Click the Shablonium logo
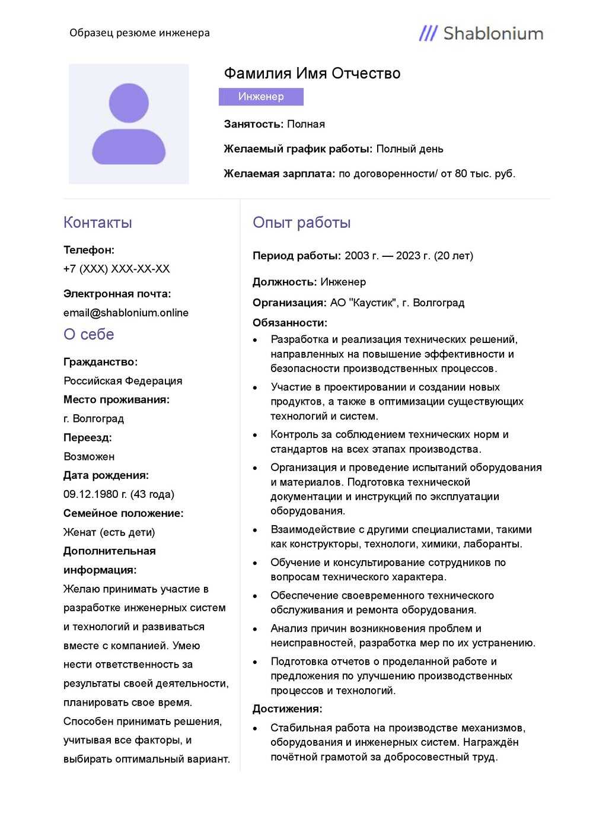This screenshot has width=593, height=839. coord(481,33)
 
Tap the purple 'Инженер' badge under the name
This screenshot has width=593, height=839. coord(261,97)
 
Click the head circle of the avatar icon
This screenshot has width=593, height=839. coord(129,103)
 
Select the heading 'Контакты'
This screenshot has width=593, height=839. coord(98,223)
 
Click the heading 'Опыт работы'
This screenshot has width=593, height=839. coord(301,223)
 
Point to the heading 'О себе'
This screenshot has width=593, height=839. coord(89,335)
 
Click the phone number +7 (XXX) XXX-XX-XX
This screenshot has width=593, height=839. coord(117,269)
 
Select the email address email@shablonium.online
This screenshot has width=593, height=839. coord(126,313)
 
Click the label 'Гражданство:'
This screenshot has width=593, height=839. coord(100,362)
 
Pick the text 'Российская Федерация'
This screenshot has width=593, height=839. coord(123,381)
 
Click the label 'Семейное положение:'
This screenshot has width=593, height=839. coord(123,513)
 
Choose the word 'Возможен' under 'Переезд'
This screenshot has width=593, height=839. coord(89,457)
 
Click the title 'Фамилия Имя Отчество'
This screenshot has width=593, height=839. coord(312,74)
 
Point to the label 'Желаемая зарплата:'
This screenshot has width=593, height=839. coord(279,174)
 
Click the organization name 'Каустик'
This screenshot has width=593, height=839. coord(373,303)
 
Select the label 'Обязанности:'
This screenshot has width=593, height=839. coord(290,323)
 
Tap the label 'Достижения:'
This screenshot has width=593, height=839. coord(288,709)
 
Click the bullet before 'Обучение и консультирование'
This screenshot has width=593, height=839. coord(256,563)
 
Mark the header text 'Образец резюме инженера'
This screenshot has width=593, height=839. coord(139,33)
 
